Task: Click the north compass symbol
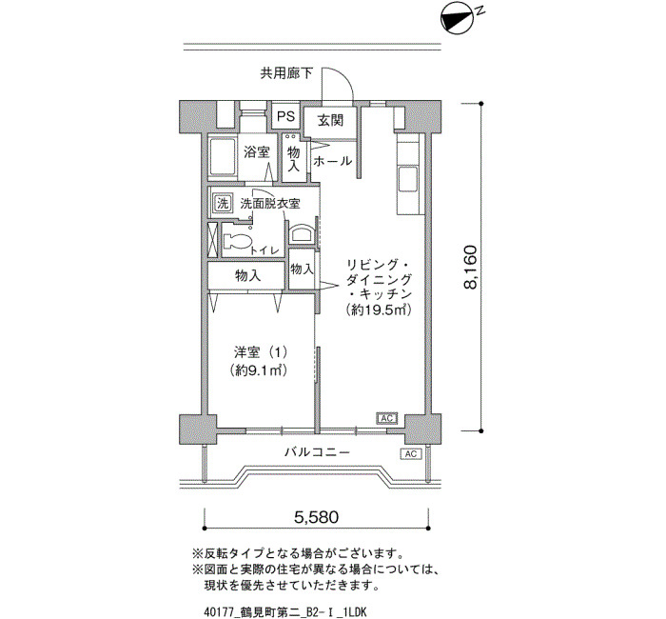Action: tap(457, 20)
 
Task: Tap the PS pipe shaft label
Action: tap(285, 116)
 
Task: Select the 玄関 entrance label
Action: tap(330, 121)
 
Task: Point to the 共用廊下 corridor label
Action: tap(286, 74)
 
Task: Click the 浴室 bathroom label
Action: tap(257, 151)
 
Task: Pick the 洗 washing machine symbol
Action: tap(223, 202)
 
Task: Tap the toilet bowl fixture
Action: tap(237, 241)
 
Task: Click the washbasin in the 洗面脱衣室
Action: tap(302, 234)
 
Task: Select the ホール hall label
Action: tap(333, 161)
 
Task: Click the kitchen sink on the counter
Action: tap(408, 180)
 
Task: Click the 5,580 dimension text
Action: tap(317, 517)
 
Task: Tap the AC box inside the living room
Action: tap(386, 418)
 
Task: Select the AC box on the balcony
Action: tap(411, 453)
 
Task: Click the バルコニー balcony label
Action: tap(317, 451)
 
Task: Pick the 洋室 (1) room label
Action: tap(261, 352)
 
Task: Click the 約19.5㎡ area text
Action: tap(380, 309)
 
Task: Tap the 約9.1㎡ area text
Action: tap(259, 370)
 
